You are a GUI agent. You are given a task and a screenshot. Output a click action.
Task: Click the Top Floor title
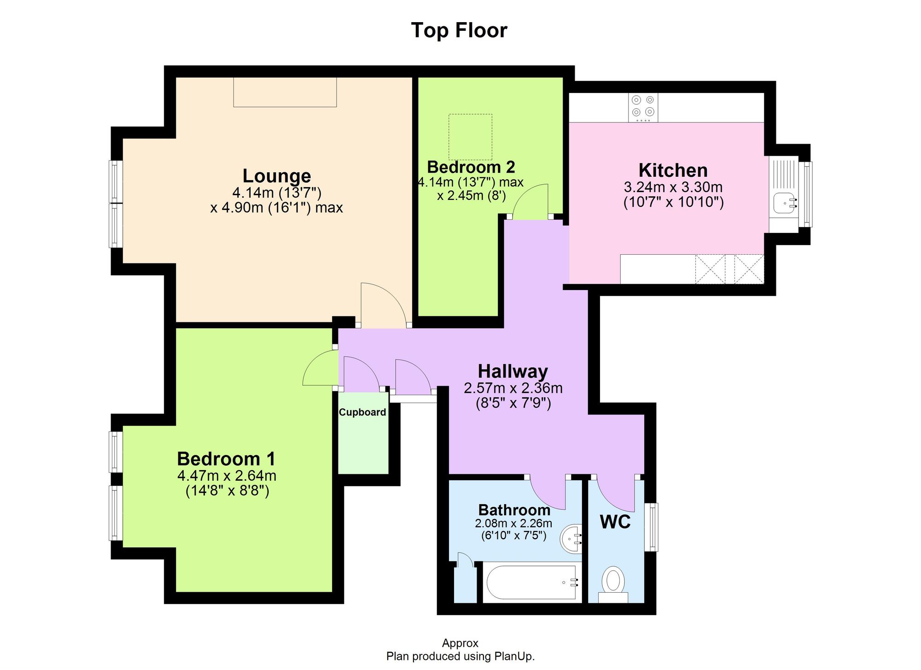459,30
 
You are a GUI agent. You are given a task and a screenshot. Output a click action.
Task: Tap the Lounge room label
277,176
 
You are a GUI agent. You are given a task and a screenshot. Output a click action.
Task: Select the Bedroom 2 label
471,167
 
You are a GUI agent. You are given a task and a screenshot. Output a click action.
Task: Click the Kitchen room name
673,170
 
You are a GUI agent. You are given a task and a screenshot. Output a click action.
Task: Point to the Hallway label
513,371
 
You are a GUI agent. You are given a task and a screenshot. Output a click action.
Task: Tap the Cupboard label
362,412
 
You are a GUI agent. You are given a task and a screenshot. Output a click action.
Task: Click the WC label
615,522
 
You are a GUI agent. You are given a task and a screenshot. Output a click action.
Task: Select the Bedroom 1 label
226,459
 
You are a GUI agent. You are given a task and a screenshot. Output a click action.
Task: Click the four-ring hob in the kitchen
643,107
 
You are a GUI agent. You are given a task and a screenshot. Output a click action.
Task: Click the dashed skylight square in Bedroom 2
470,137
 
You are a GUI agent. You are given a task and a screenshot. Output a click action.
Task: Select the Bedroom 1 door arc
319,368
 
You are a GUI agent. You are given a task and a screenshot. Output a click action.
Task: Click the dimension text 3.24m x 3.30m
673,187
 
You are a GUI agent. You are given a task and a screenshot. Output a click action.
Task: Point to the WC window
651,527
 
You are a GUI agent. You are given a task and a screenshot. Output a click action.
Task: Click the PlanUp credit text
460,656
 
